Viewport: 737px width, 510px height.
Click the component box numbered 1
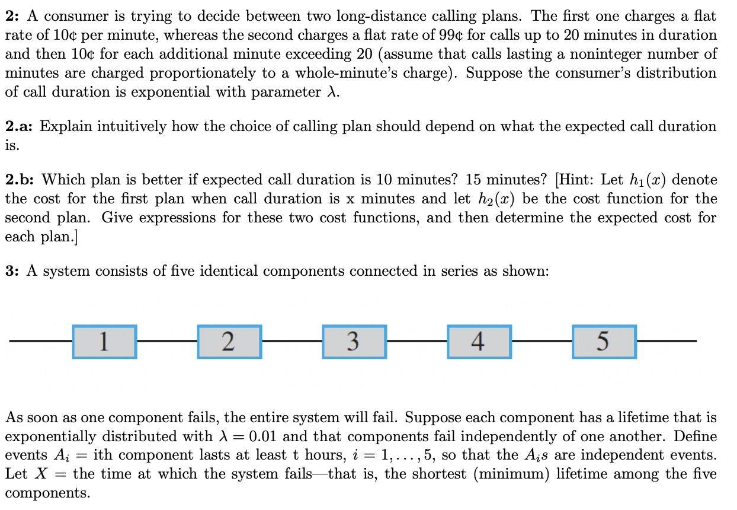tap(104, 342)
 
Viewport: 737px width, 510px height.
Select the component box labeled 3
tap(354, 342)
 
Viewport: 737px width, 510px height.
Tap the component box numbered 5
tap(604, 342)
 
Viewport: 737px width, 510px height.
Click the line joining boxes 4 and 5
tap(541, 342)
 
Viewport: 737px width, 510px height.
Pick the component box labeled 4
tap(479, 342)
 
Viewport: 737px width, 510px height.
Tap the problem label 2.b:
tap(20, 180)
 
